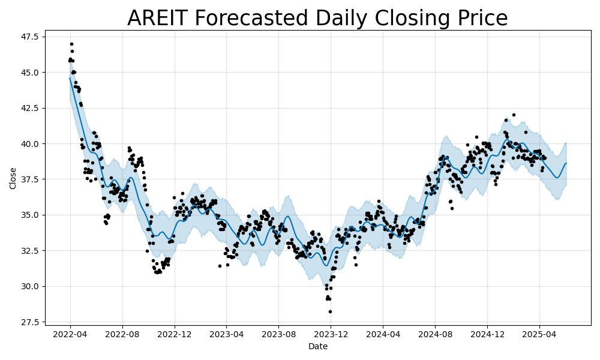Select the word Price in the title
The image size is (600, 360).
click(480, 19)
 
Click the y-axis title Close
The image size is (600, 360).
click(13, 178)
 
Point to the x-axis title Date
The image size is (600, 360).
click(318, 346)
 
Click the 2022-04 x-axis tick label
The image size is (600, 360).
click(70, 333)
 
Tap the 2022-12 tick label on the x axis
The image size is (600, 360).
click(175, 333)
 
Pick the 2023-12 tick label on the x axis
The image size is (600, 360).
click(331, 333)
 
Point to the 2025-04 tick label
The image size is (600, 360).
click(539, 333)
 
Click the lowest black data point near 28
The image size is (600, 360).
click(330, 311)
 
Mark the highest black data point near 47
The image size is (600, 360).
click(71, 44)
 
